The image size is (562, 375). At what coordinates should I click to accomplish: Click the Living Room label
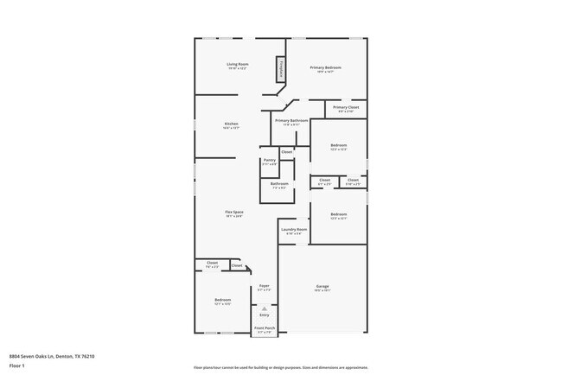tap(237, 64)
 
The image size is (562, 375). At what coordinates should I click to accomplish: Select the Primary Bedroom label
tap(325, 67)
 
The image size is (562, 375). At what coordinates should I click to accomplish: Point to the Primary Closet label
tap(346, 107)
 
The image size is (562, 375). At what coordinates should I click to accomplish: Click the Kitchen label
tap(231, 124)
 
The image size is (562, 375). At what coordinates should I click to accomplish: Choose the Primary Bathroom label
tap(292, 120)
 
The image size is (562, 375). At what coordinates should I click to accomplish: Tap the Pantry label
tap(269, 160)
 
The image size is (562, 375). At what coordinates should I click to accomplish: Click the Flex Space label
tap(233, 212)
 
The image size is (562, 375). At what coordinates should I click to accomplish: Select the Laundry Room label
tap(294, 229)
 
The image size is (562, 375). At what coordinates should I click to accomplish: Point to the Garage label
tap(323, 286)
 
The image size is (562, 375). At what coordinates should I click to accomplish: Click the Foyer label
tap(265, 286)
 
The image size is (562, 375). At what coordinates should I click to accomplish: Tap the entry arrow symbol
tap(265, 308)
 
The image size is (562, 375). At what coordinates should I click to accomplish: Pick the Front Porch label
tap(265, 328)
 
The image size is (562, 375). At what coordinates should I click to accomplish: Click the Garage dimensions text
tap(323, 290)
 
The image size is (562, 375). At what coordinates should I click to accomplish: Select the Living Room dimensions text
tap(237, 68)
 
